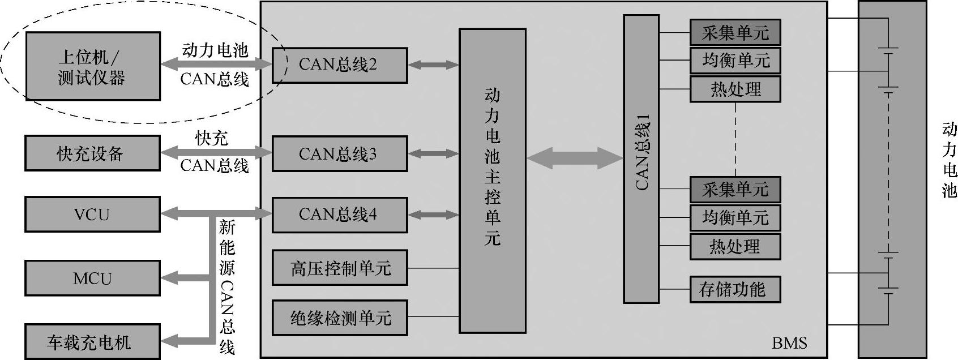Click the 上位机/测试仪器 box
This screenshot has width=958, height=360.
coord(92,66)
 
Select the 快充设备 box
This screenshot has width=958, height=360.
coord(92,153)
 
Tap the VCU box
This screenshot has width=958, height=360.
coord(92,215)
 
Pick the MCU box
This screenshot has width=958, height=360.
coord(92,278)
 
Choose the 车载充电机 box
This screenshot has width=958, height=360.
coord(92,342)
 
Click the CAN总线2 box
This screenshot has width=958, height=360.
coord(339,65)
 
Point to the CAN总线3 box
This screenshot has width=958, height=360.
coord(339,153)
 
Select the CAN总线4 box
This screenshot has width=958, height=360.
coord(339,215)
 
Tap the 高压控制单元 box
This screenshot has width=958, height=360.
coord(339,268)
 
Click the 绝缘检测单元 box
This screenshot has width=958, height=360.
coord(339,318)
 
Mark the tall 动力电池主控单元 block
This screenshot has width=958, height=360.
coord(492,181)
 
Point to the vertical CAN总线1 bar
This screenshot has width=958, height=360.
coord(641,158)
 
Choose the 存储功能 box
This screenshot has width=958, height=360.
coord(734,290)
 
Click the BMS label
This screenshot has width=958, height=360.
coord(789,343)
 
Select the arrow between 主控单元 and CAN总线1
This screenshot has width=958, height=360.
coord(574,157)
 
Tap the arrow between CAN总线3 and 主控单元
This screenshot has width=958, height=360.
coord(433,153)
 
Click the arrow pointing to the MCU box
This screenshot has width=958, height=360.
coord(176,277)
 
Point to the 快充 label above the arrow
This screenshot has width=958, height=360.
coord(212,138)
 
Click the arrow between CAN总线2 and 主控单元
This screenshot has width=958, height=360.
coord(433,65)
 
